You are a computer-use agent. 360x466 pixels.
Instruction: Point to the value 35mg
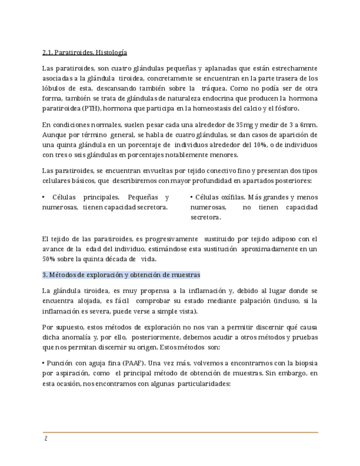[x=250, y=125]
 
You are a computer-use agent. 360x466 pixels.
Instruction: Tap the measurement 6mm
[x=309, y=125]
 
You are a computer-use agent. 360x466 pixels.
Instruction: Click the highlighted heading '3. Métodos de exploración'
[x=121, y=275]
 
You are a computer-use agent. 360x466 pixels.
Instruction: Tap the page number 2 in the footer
[x=46, y=439]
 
